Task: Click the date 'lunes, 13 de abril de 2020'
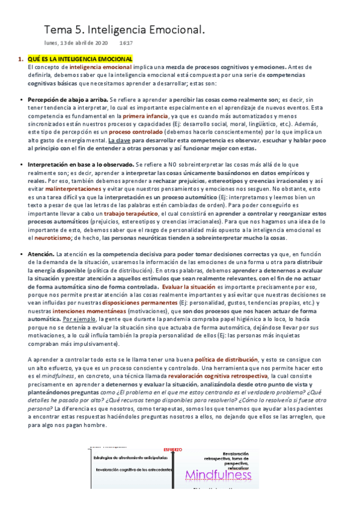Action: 76,43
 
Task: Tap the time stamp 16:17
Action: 126,43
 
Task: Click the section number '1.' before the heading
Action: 20,59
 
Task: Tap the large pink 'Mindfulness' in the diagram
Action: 218,475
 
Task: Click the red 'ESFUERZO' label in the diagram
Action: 172,449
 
